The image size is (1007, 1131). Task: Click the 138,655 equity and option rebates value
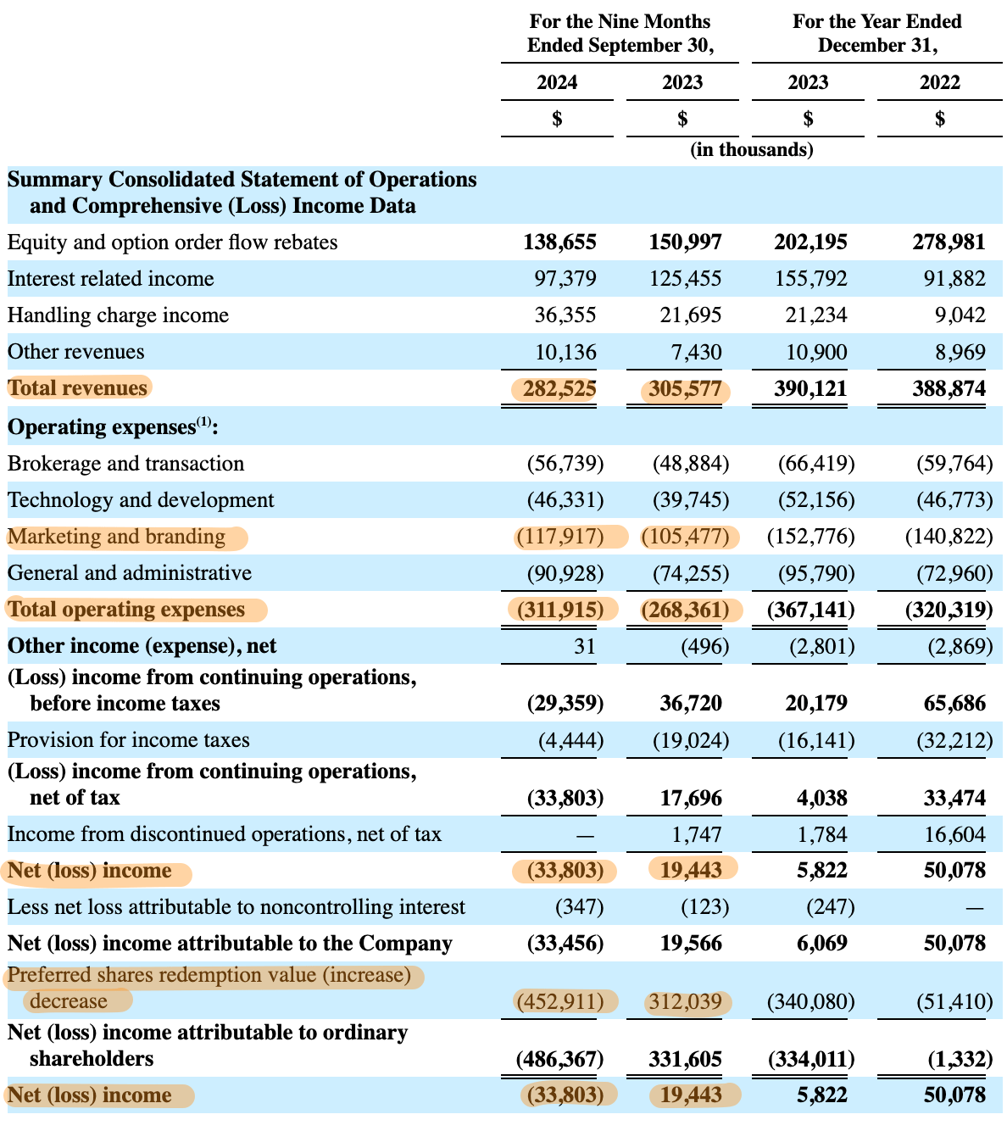559,242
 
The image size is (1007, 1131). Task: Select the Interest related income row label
110,279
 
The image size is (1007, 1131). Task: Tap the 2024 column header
557,82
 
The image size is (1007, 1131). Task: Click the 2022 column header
939,82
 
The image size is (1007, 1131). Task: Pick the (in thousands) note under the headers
751,150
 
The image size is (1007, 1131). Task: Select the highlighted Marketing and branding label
117,537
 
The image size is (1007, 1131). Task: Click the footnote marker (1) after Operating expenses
204,422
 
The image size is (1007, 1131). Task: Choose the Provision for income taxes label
128,740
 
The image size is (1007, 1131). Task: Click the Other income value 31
584,646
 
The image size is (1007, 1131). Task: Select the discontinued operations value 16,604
954,834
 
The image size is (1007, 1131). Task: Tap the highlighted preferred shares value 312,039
685,1002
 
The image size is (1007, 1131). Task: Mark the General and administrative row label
129,573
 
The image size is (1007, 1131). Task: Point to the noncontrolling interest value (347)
579,907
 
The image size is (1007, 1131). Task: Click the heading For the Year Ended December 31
876,33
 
